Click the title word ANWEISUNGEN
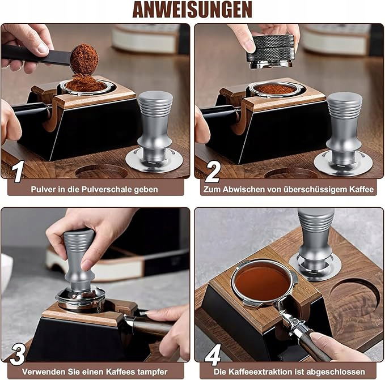192,10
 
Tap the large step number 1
18,172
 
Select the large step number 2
213,172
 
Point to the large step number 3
18,355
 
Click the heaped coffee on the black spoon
84,59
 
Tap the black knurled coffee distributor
270,51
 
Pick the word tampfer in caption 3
152,372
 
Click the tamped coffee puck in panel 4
262,283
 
